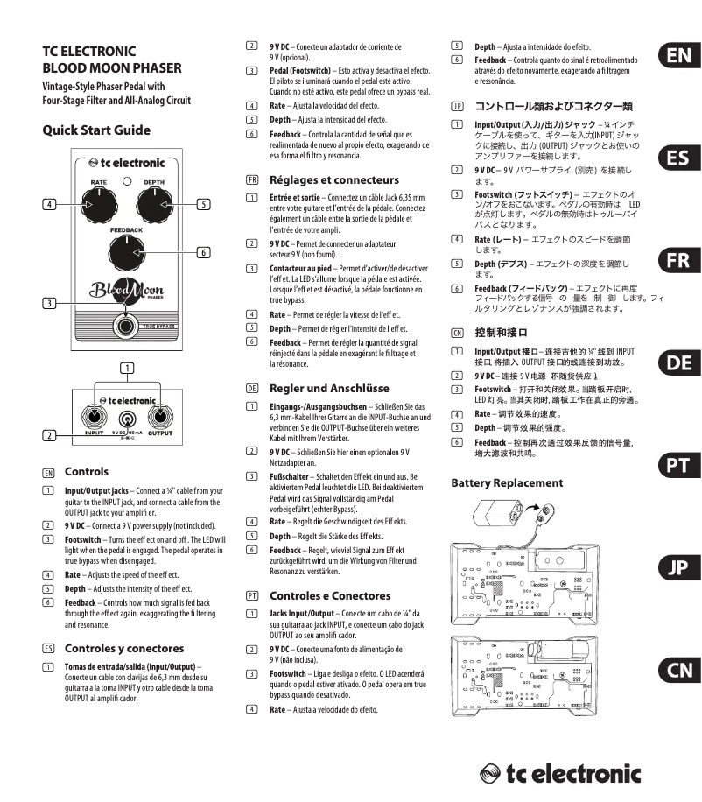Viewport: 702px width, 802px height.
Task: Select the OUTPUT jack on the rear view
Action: [161, 417]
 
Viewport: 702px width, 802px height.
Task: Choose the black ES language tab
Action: [677, 158]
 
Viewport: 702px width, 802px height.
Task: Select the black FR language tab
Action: [677, 261]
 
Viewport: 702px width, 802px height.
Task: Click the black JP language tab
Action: [677, 568]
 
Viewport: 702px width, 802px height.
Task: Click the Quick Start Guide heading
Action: [96, 130]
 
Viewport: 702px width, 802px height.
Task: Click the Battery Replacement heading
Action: [507, 482]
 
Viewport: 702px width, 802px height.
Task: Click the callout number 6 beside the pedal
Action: [201, 253]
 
